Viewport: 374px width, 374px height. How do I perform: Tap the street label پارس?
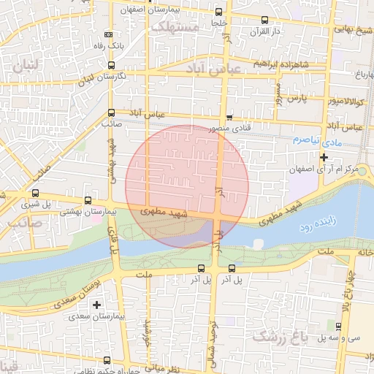pos(294,97)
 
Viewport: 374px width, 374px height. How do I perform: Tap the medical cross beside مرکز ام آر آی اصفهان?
pos(324,156)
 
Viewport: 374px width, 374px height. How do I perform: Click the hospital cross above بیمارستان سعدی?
pos(96,304)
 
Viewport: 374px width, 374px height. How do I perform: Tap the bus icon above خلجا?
pos(218,12)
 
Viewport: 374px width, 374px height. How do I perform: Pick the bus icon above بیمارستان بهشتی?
pos(88,200)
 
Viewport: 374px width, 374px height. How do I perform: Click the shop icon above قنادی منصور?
pos(230,117)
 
